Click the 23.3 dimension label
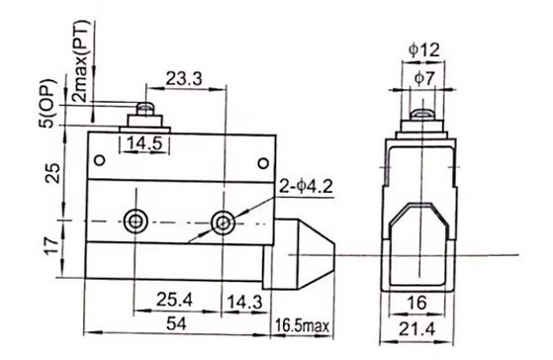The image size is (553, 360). [x=184, y=79]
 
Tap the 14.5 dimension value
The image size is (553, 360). [x=144, y=143]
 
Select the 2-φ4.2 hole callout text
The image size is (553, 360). [x=306, y=186]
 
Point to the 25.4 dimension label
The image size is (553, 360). [x=174, y=300]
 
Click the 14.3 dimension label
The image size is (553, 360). [x=244, y=303]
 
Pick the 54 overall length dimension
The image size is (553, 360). [x=176, y=323]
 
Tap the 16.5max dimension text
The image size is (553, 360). [x=302, y=325]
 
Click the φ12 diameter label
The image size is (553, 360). [x=424, y=49]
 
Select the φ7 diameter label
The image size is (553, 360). [x=424, y=78]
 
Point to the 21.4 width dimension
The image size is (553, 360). [x=417, y=329]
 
